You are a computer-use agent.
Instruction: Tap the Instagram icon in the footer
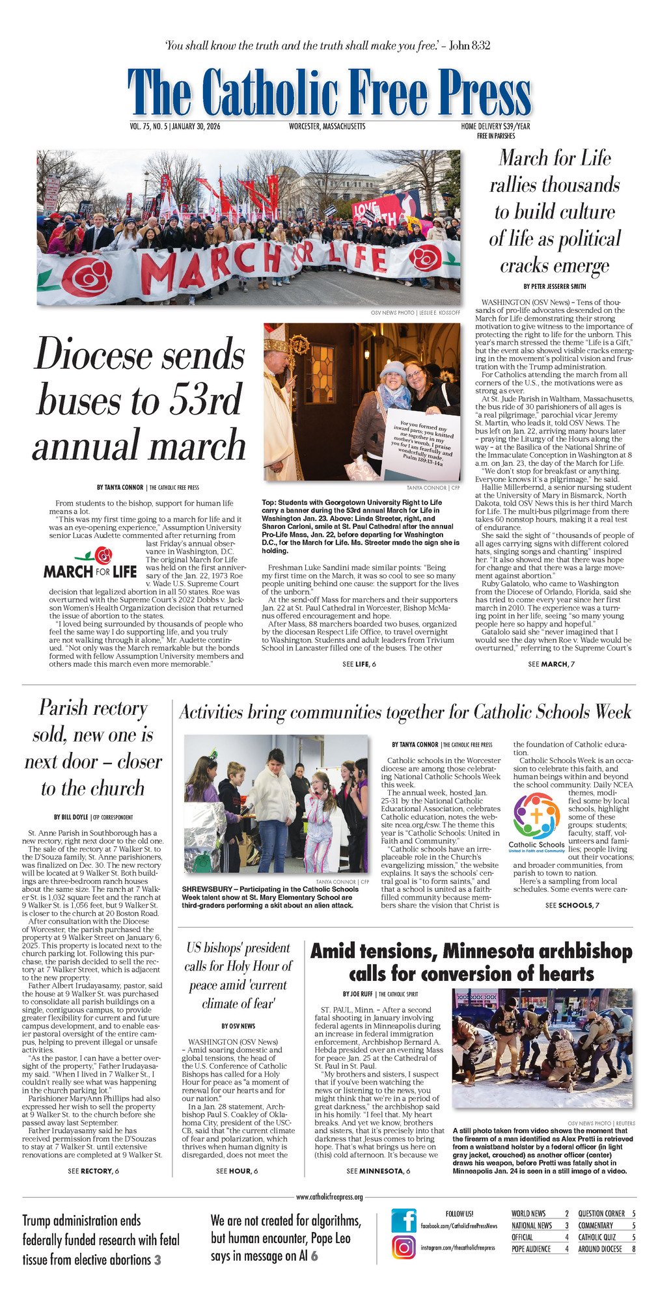[x=404, y=1247]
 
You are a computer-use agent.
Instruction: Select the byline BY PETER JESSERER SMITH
[x=554, y=286]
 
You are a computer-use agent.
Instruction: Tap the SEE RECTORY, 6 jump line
[x=93, y=1171]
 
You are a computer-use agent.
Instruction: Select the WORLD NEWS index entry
[x=528, y=1213]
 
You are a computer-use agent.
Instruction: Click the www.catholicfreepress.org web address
[x=329, y=1196]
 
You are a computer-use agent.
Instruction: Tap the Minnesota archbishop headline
[x=471, y=962]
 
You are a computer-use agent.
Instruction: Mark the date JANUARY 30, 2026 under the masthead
[x=196, y=127]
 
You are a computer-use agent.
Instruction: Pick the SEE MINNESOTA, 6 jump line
[x=378, y=1171]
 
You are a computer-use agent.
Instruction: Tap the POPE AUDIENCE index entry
[x=531, y=1248]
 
